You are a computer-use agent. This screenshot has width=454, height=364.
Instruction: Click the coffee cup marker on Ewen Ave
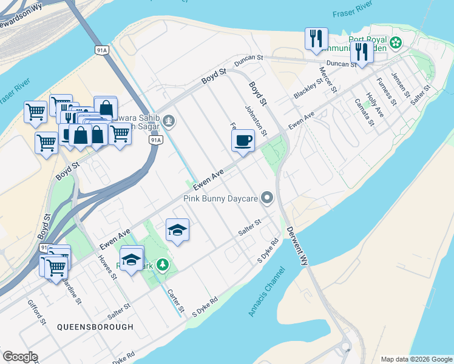coord(243,141)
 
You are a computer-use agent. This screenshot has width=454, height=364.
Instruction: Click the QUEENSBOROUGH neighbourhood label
coord(95,326)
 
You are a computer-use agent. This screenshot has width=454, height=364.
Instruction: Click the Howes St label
coord(108,266)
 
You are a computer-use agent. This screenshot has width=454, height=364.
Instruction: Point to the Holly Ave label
coord(375,104)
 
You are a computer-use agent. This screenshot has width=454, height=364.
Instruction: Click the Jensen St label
coord(401,86)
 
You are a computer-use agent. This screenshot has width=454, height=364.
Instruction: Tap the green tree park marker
coord(162,265)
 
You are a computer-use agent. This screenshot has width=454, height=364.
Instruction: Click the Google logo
coord(20,357)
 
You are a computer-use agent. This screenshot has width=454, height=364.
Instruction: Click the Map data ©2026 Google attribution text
coord(416,359)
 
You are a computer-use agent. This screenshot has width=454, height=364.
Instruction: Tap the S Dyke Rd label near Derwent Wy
coord(268,251)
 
